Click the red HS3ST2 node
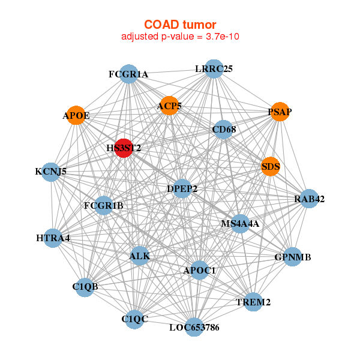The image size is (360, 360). pyautogui.click(x=124, y=148)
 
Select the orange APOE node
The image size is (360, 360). pyautogui.click(x=76, y=115)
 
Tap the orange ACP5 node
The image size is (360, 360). pyautogui.click(x=169, y=106)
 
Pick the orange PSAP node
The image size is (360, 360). pyautogui.click(x=280, y=112)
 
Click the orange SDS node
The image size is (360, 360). pyautogui.click(x=271, y=166)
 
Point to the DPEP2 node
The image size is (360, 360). pyautogui.click(x=182, y=188)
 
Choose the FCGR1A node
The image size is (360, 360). pyautogui.click(x=129, y=74)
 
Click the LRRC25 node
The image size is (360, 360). pyautogui.click(x=214, y=68)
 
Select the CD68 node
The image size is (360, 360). pyautogui.click(x=224, y=130)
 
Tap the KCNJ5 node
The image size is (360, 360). pyautogui.click(x=51, y=172)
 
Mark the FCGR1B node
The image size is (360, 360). pyautogui.click(x=104, y=205)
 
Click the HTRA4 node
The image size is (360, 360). pyautogui.click(x=53, y=238)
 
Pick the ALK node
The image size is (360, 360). pyautogui.click(x=140, y=256)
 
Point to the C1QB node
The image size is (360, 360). pyautogui.click(x=85, y=287)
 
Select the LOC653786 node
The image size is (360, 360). pyautogui.click(x=194, y=327)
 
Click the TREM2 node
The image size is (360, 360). pyautogui.click(x=253, y=302)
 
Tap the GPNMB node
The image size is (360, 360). pyautogui.click(x=293, y=257)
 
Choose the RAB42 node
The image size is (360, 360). pyautogui.click(x=309, y=199)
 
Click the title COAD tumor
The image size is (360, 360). pyautogui.click(x=180, y=25)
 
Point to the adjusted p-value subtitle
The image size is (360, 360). pyautogui.click(x=180, y=37)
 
